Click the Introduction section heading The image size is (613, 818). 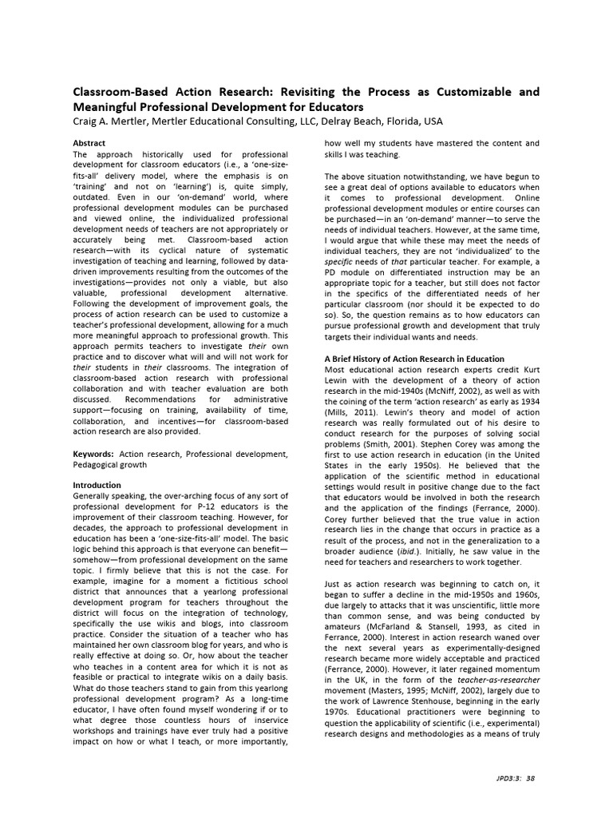97,485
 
